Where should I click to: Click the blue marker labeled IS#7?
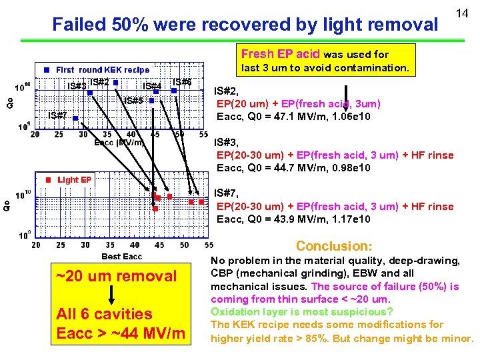point(76,119)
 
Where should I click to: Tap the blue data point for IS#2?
point(115,83)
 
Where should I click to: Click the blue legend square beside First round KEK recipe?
point(47,69)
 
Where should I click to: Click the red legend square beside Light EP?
point(48,179)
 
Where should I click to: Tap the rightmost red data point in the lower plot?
point(201,201)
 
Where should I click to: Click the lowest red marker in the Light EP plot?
point(155,209)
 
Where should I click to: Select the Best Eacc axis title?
point(121,257)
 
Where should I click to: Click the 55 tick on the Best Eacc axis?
point(207,245)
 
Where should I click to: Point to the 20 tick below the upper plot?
point(35,134)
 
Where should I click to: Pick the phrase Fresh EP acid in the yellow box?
point(280,54)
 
